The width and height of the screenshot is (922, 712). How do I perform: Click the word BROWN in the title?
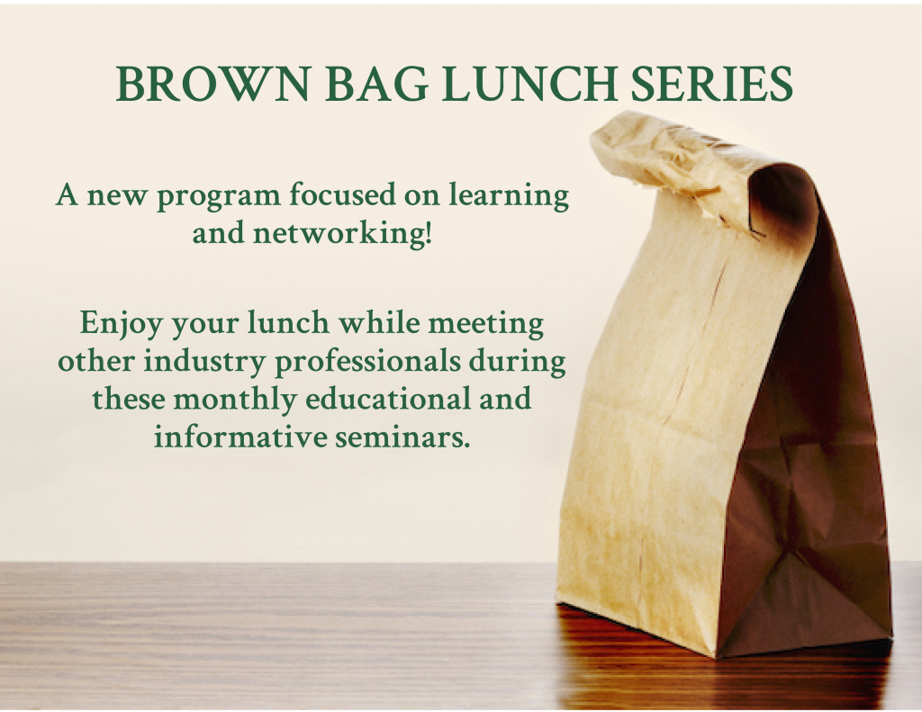coord(212,84)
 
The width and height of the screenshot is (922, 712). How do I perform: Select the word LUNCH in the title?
coord(529,84)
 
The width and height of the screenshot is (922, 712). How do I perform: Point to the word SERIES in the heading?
coord(711,84)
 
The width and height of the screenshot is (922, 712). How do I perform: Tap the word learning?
coord(509,197)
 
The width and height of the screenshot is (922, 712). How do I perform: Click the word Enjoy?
coord(122,325)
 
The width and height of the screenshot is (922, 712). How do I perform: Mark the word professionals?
coord(368,362)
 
